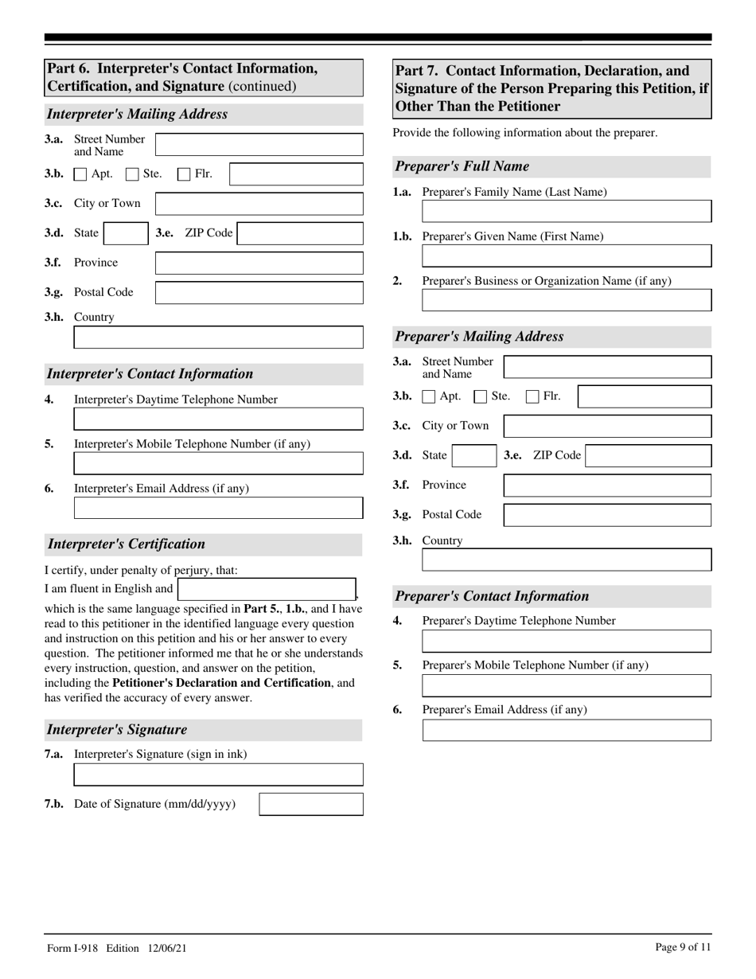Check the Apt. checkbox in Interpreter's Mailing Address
point(80,174)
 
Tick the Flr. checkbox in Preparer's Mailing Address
point(533,396)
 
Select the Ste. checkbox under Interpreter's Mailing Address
point(132,174)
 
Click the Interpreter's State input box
point(126,233)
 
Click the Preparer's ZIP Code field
point(648,456)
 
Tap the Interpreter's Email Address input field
point(218,508)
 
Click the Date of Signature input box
point(311,805)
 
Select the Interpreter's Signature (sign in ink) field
point(218,774)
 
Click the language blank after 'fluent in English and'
point(267,590)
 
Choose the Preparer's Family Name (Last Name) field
point(567,211)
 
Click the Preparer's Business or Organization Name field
point(567,300)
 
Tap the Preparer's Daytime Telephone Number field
point(567,642)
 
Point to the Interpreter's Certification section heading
point(127,544)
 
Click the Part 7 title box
point(551,88)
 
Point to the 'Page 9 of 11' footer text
point(683,947)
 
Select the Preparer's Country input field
point(567,560)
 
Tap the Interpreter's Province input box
point(259,263)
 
